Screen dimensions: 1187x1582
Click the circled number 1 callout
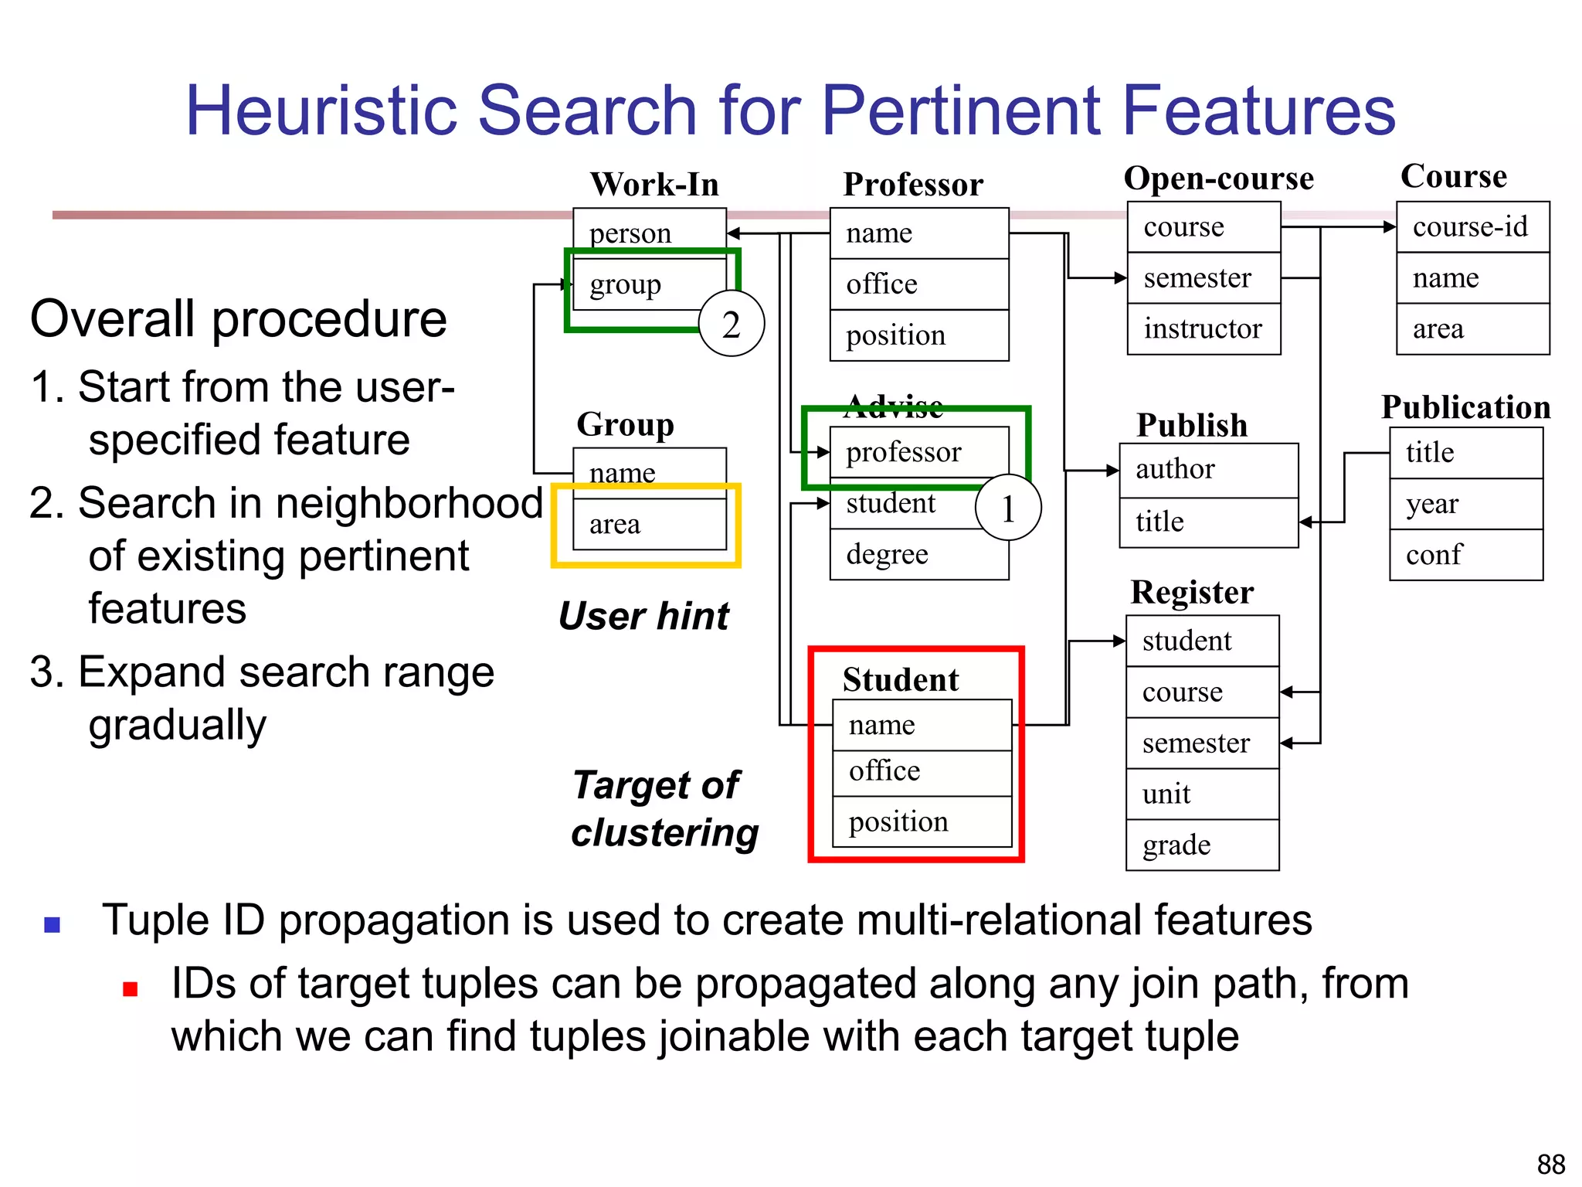coord(1008,508)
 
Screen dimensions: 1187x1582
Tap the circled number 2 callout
coord(731,324)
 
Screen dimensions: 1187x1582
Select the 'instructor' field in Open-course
coord(1203,329)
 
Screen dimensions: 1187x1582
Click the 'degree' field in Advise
coord(918,554)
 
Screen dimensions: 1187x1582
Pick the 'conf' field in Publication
coord(1465,554)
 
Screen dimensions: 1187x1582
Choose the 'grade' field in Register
coord(1202,845)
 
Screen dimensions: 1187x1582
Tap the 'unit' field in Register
coord(1202,794)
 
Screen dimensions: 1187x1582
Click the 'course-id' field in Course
coord(1472,226)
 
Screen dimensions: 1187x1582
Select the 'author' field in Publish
coord(1208,469)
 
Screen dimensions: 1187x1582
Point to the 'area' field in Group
coord(649,524)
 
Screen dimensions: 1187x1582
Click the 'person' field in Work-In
coord(649,233)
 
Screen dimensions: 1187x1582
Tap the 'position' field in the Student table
coord(922,821)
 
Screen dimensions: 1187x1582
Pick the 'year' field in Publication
coord(1465,504)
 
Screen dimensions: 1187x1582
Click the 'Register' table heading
coord(1191,593)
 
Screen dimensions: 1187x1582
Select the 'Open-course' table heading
coord(1218,179)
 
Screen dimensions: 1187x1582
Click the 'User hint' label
coord(643,616)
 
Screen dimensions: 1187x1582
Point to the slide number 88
coord(1550,1164)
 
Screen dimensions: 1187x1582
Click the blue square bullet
coord(53,924)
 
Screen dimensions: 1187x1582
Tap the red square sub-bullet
coord(131,989)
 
